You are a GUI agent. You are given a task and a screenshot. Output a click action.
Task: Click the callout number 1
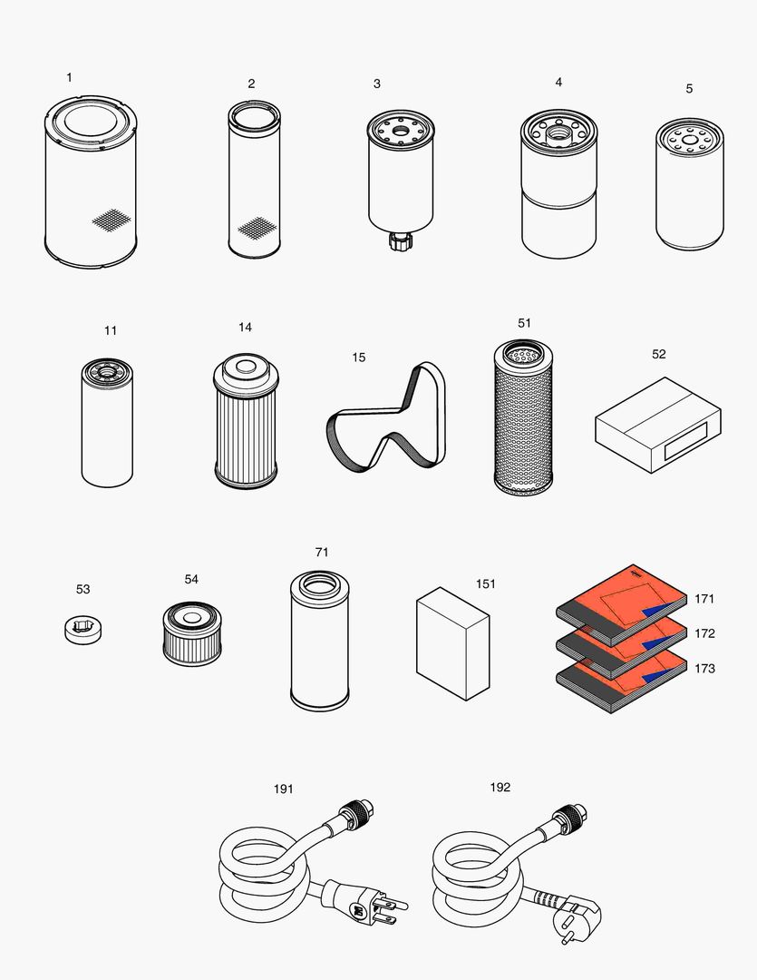coord(69,78)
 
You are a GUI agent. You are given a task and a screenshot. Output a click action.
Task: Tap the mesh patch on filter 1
coord(112,219)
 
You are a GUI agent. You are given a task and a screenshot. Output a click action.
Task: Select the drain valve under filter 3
coord(399,241)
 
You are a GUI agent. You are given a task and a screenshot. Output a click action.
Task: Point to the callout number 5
coord(689,89)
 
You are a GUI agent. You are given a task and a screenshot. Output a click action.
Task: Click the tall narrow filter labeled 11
coord(107,426)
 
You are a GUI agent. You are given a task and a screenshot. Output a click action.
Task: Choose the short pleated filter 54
coord(192,633)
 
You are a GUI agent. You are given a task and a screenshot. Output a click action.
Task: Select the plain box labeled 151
coord(452,644)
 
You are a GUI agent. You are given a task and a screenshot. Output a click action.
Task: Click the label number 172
coord(704,633)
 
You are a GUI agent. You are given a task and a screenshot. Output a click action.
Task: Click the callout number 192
coord(500,787)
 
